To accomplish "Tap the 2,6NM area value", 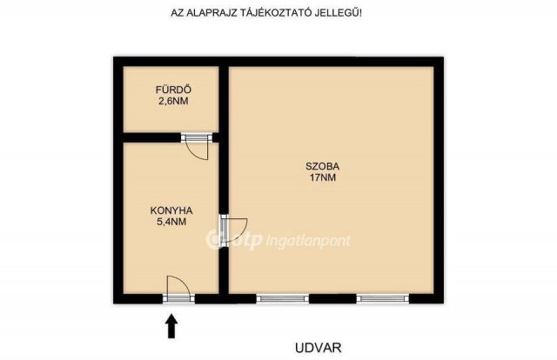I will click(x=172, y=101).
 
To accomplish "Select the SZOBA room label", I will click(x=321, y=165).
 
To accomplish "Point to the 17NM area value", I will click(x=321, y=177).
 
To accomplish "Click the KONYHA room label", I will click(x=171, y=210).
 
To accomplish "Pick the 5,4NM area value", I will click(x=171, y=222).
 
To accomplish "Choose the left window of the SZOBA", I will click(x=283, y=298).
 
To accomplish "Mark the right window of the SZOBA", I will click(x=383, y=298).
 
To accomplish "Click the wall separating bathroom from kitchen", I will click(x=152, y=137).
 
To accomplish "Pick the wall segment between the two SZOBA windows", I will click(x=332, y=298).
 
